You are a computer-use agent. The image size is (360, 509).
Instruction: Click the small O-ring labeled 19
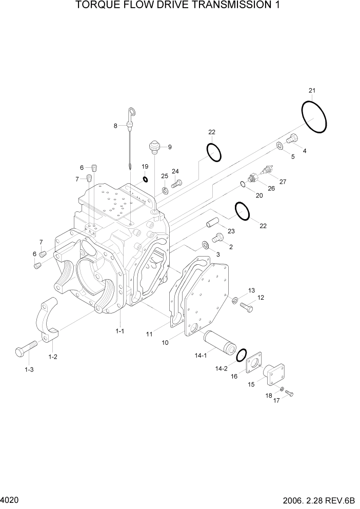(145, 180)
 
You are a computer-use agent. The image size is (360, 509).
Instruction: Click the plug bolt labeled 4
(292, 138)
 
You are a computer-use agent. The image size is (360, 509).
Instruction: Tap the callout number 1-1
(119, 331)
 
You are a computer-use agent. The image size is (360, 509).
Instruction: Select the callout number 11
(149, 334)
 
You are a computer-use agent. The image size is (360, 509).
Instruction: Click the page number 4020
(10, 499)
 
